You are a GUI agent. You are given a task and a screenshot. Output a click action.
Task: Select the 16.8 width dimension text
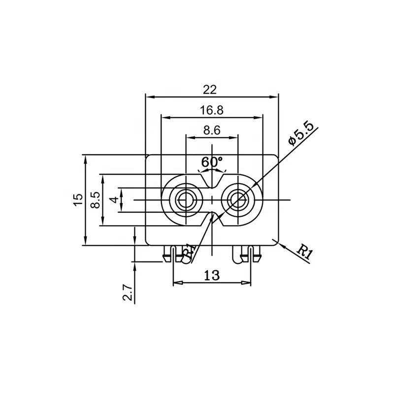pyautogui.click(x=212, y=110)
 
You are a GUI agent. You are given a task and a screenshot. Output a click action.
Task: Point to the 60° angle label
pyautogui.click(x=212, y=162)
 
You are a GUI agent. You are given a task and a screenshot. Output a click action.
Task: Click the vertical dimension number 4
pyautogui.click(x=114, y=199)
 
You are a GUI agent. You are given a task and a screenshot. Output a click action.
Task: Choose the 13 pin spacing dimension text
pyautogui.click(x=211, y=275)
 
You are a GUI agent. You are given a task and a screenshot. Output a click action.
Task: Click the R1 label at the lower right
pyautogui.click(x=305, y=252)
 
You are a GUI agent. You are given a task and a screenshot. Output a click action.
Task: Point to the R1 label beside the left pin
pyautogui.click(x=189, y=251)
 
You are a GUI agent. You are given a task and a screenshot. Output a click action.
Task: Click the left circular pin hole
pyautogui.click(x=185, y=199)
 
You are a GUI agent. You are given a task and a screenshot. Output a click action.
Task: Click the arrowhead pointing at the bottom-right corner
pyautogui.click(x=280, y=244)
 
